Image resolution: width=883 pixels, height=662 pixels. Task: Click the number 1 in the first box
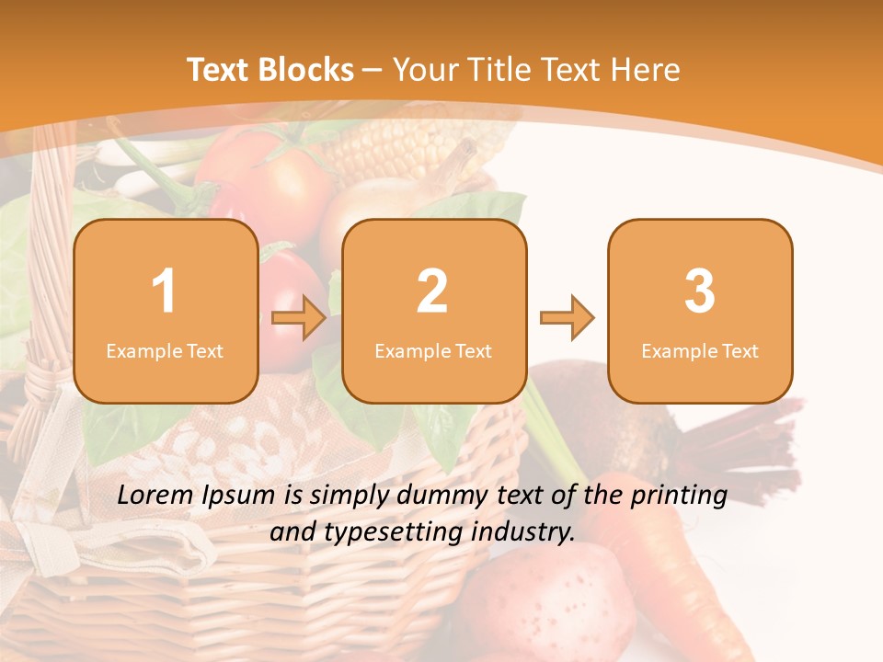coord(164,291)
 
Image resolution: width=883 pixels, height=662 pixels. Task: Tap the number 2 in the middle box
coord(433,291)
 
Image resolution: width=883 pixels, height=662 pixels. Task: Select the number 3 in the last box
coord(700,291)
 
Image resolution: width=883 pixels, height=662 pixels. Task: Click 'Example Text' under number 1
coord(165,351)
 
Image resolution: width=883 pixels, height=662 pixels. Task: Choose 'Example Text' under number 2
coord(433,351)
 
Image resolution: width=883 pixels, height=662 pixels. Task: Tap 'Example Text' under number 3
coord(700,351)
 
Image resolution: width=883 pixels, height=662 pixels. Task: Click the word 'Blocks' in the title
coord(307,70)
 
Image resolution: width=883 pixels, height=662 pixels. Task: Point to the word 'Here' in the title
coord(645,70)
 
